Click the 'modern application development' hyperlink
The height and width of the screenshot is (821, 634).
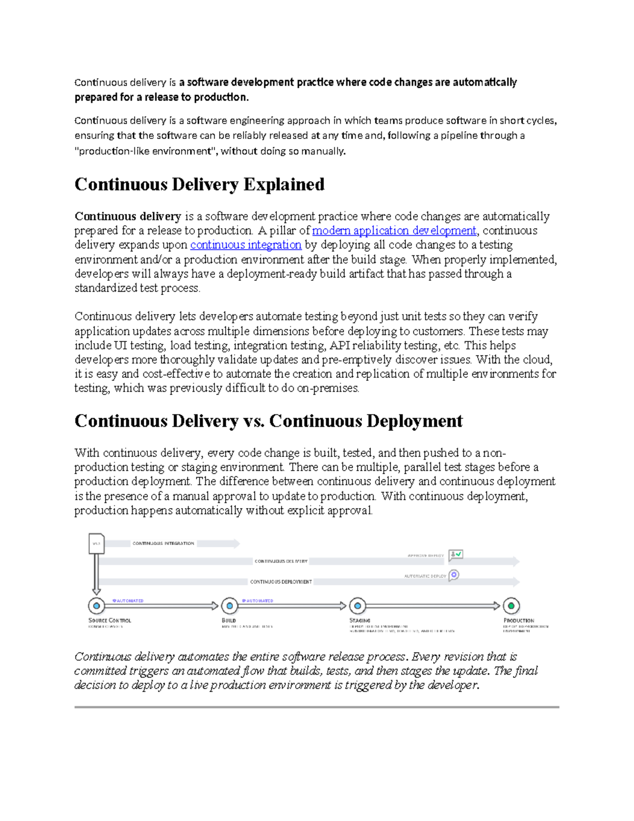394,230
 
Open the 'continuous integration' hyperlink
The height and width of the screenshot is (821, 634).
246,245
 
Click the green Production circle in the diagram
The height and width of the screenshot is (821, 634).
511,606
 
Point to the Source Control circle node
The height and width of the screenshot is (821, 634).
96,606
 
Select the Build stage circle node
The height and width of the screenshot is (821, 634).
229,606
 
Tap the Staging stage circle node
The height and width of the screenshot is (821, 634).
358,606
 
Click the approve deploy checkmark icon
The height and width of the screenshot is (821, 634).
455,555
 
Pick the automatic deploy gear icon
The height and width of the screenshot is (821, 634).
454,575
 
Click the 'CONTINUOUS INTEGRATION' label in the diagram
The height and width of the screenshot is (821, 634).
163,543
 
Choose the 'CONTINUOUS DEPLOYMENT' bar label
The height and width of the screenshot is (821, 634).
281,582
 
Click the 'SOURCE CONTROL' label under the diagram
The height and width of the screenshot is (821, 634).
109,620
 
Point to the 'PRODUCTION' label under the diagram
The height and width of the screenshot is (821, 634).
518,620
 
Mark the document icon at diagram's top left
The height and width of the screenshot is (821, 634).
96,543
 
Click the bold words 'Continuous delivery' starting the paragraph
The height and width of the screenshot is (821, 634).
128,216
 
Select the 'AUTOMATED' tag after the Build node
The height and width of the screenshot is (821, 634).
259,601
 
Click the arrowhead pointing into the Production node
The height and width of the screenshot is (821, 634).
497,606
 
